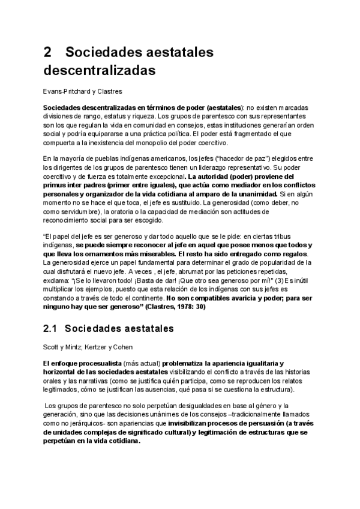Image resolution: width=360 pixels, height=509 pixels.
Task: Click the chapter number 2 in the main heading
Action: (x=47, y=52)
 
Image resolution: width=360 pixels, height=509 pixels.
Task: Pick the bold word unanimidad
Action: (x=254, y=194)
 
